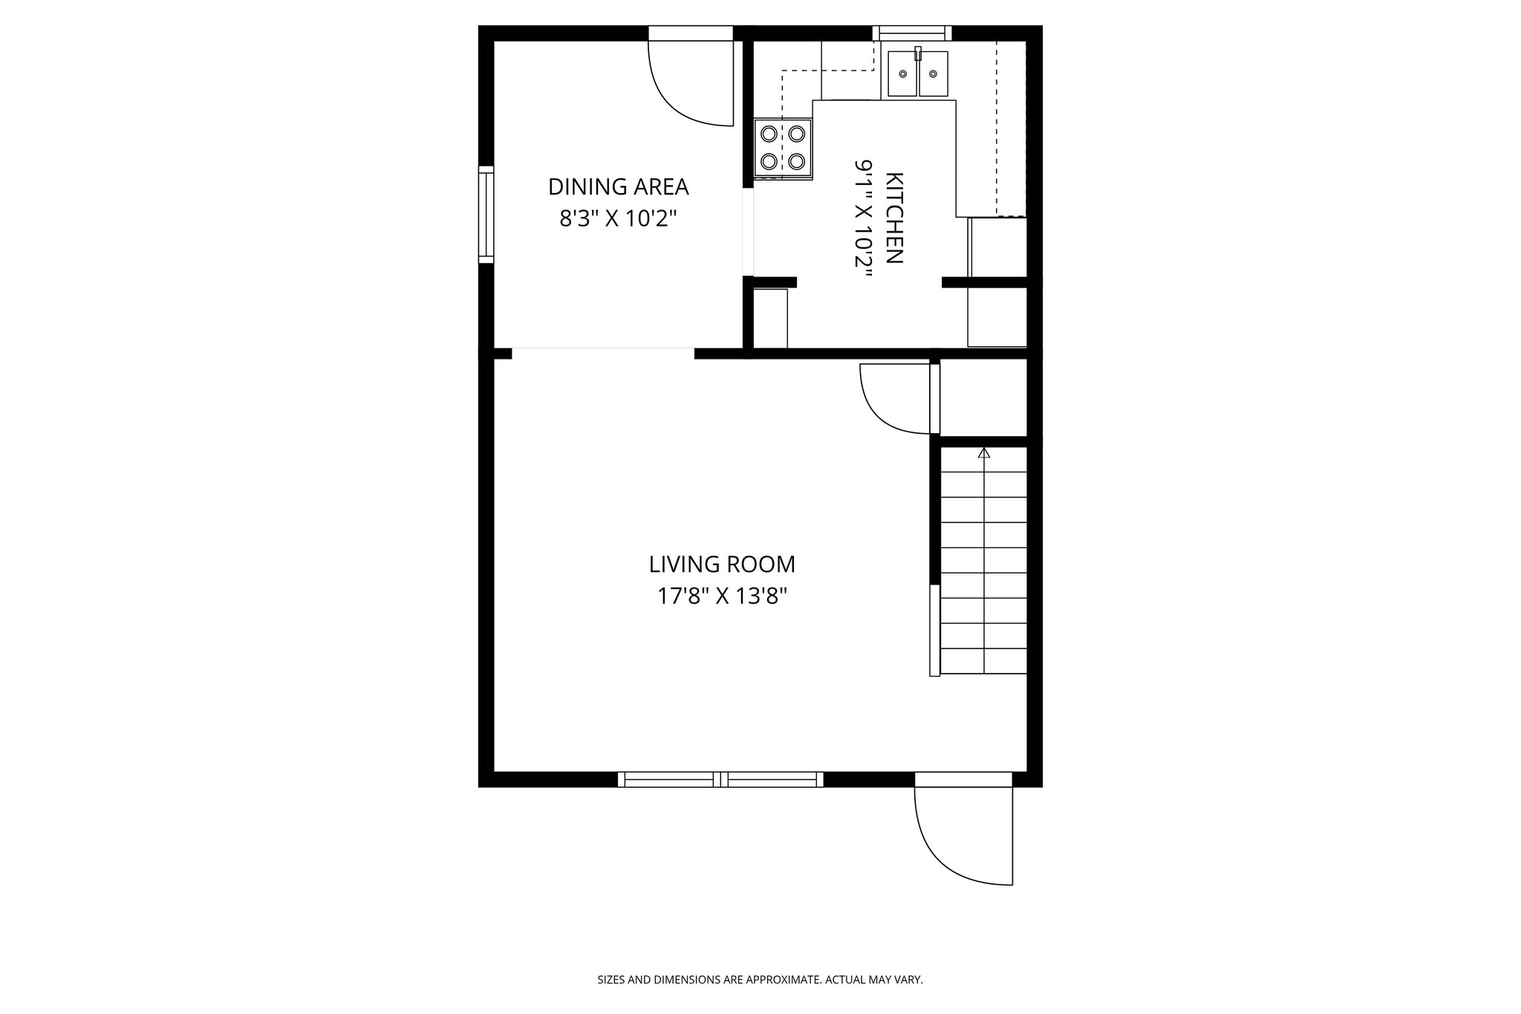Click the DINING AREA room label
(x=618, y=186)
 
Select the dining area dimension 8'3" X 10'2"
(x=618, y=219)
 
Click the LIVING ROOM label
(x=722, y=565)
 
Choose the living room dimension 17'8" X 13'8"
(x=722, y=597)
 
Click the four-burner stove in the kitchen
(x=783, y=148)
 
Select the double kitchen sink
(x=918, y=74)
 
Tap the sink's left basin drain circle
(x=903, y=74)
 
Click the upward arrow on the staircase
(x=985, y=452)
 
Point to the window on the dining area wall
(x=486, y=214)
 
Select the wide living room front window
(x=720, y=779)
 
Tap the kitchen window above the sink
(x=911, y=33)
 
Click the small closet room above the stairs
(x=983, y=397)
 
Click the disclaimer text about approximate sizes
(x=760, y=980)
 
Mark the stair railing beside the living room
(x=934, y=630)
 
